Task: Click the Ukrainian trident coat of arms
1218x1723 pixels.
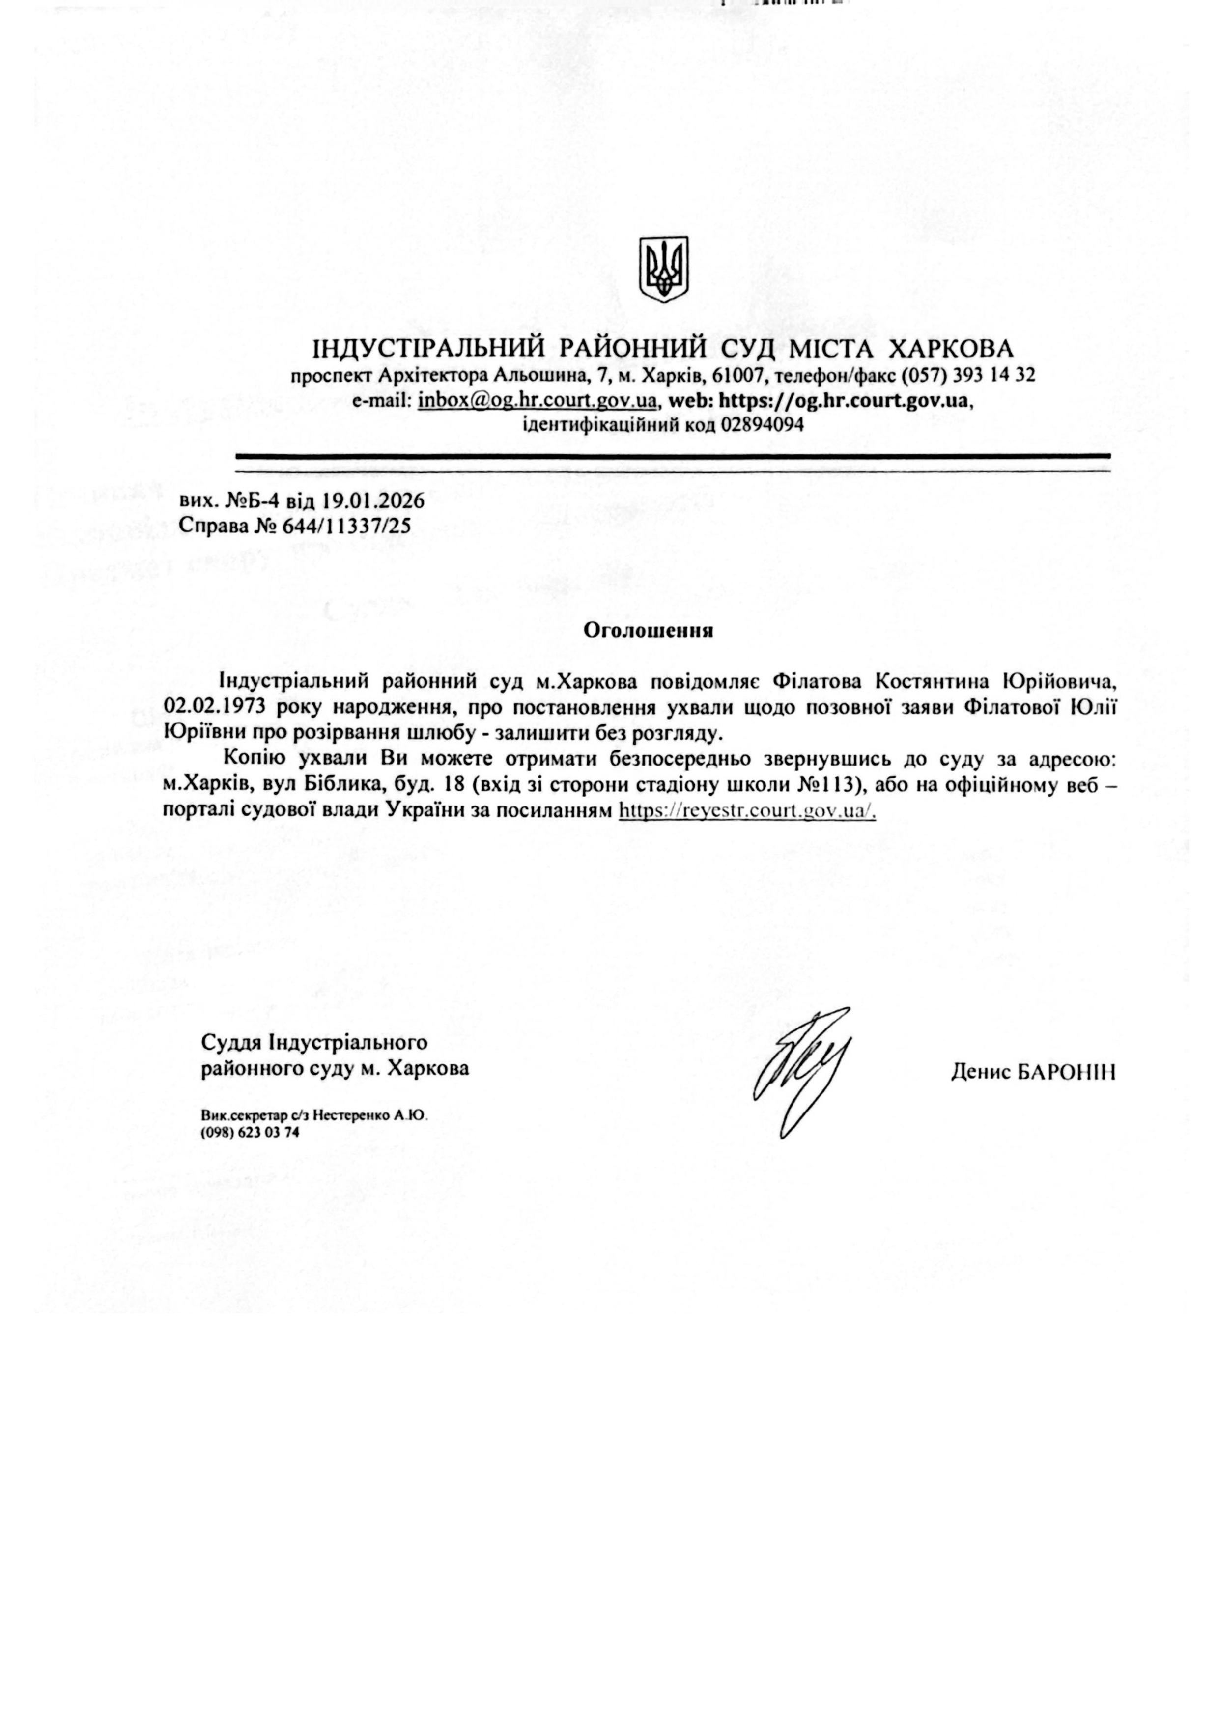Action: click(x=663, y=270)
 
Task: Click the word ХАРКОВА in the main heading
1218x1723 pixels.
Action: click(x=950, y=349)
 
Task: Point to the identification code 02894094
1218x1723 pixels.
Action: click(x=763, y=425)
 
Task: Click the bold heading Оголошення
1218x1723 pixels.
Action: click(x=649, y=630)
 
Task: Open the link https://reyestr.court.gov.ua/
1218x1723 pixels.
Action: click(x=747, y=811)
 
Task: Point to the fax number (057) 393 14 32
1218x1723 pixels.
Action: click(x=968, y=375)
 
